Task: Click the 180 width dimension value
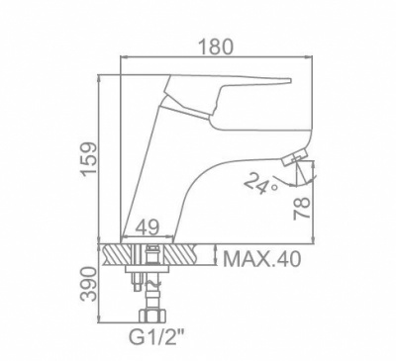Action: click(x=217, y=46)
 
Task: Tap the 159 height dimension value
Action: click(x=90, y=159)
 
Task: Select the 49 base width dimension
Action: click(x=148, y=226)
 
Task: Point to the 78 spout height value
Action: click(x=302, y=208)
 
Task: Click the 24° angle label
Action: click(x=260, y=184)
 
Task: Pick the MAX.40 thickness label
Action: click(x=262, y=259)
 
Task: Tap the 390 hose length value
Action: click(x=90, y=284)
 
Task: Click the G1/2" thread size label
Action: click(x=155, y=337)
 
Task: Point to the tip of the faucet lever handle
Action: click(x=291, y=80)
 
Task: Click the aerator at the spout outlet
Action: click(x=295, y=157)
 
